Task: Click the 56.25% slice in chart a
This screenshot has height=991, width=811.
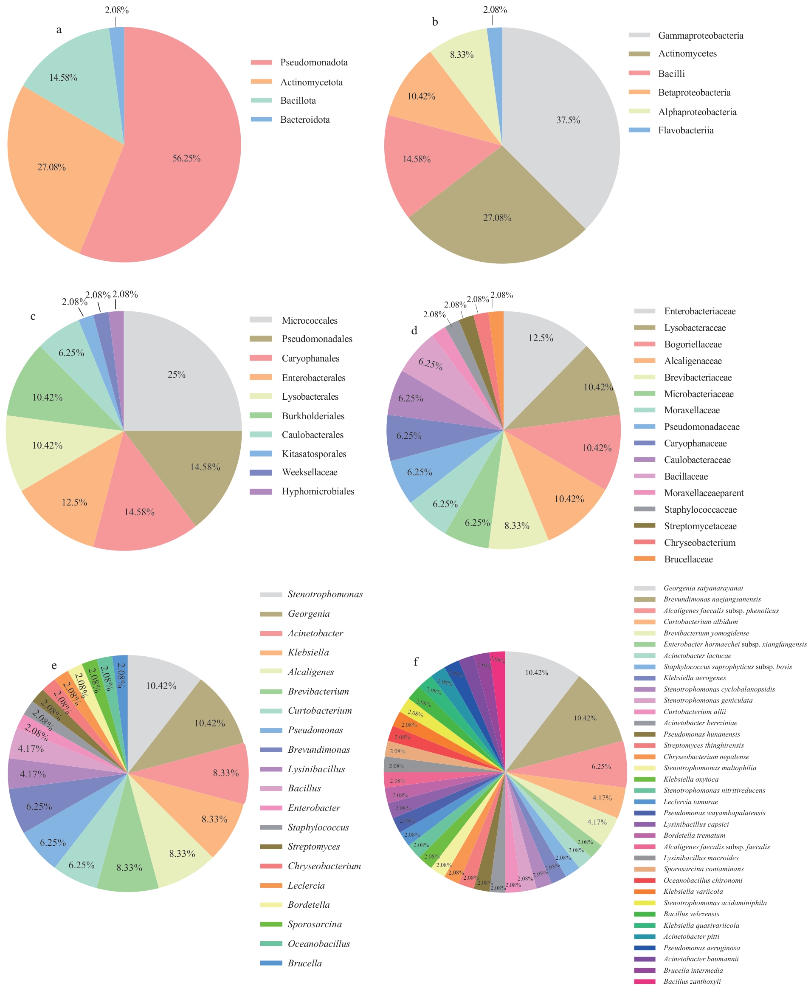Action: point(186,158)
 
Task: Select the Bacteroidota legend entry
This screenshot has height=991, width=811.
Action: point(304,120)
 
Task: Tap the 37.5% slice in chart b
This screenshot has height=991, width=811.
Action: point(568,120)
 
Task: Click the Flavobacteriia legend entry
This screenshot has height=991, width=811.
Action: point(685,130)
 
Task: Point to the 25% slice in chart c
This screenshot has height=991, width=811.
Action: point(177,374)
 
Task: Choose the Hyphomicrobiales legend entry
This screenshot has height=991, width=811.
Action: point(318,491)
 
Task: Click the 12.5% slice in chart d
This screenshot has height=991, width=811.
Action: point(541,338)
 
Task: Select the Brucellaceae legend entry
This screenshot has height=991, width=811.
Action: point(688,559)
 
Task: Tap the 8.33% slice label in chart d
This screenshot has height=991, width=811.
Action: point(517,525)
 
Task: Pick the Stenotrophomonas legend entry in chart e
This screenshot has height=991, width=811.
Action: point(325,594)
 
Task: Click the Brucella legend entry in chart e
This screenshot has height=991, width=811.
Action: point(304,963)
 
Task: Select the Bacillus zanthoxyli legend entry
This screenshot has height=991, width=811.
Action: point(692,981)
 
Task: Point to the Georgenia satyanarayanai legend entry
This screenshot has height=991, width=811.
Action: point(703,588)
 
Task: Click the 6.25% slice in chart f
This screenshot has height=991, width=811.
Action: point(601,766)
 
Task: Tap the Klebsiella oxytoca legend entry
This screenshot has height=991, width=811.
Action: point(691,779)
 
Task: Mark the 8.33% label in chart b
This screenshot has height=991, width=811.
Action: point(462,55)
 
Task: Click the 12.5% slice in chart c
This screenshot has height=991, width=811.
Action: point(74,502)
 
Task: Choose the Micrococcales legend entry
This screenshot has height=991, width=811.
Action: point(309,321)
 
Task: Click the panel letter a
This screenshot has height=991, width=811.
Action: point(59,30)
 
